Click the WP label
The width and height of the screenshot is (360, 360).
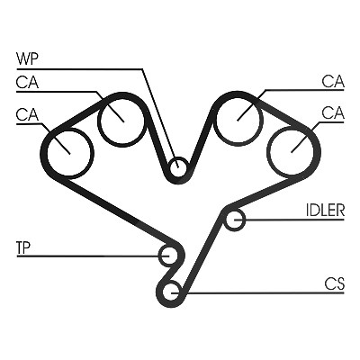coord(27,59)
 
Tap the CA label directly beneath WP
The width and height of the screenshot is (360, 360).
coord(27,82)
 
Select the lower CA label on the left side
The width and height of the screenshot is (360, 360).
coord(27,114)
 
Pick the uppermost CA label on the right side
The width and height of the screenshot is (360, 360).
coord(333,81)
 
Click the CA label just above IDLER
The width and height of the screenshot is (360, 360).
coord(333,113)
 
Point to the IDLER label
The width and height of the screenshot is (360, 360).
coord(325,211)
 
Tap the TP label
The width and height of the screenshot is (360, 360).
coord(23,248)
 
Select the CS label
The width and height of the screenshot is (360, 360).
coord(334,283)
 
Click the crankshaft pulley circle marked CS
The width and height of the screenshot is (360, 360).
coord(164,292)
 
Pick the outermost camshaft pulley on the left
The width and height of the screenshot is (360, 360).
coord(48,153)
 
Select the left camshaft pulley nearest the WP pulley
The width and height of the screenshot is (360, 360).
coord(100,121)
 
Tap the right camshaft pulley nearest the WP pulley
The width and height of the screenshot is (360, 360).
coord(215,120)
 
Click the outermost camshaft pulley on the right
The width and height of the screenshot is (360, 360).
coord(269,151)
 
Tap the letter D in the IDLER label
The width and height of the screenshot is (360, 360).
coord(315,211)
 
